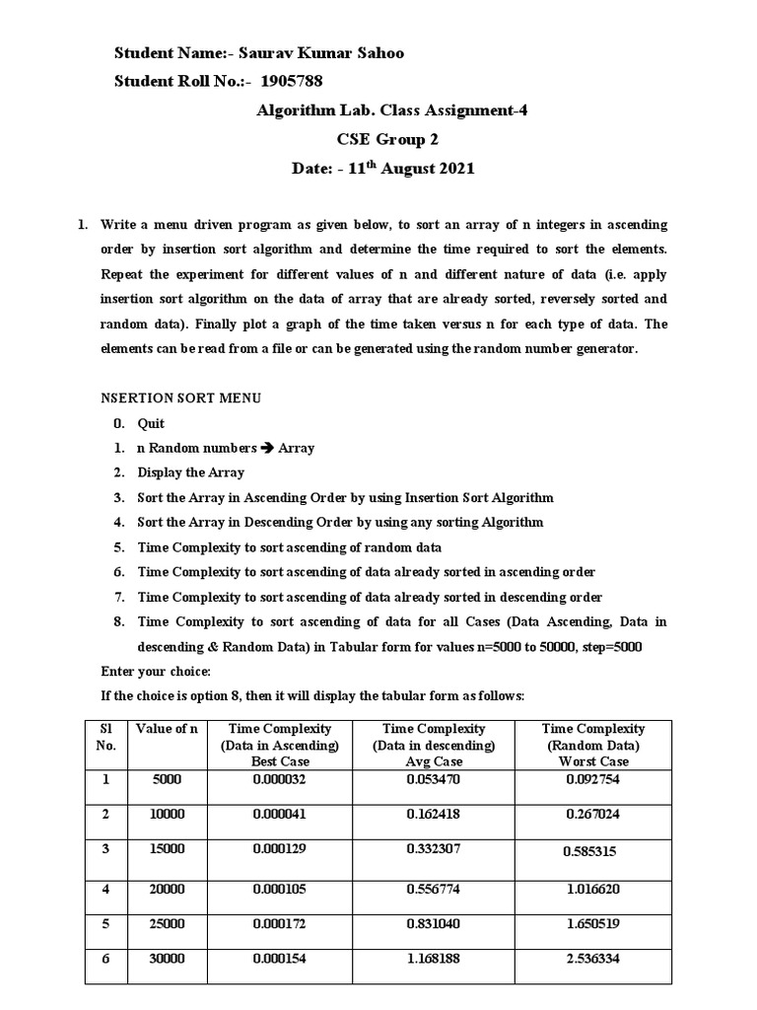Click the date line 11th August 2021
click(383, 168)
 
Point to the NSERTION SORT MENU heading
click(181, 398)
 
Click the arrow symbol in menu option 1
click(266, 448)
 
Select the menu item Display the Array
click(190, 472)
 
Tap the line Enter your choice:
click(156, 672)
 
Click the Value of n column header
click(167, 730)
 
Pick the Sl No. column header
click(105, 738)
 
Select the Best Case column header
click(281, 746)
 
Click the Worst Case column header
click(593, 746)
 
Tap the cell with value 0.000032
click(281, 779)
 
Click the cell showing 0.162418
click(435, 815)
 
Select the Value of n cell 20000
click(167, 889)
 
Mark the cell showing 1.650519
click(593, 924)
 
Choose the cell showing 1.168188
click(435, 960)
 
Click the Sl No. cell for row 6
click(105, 960)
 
